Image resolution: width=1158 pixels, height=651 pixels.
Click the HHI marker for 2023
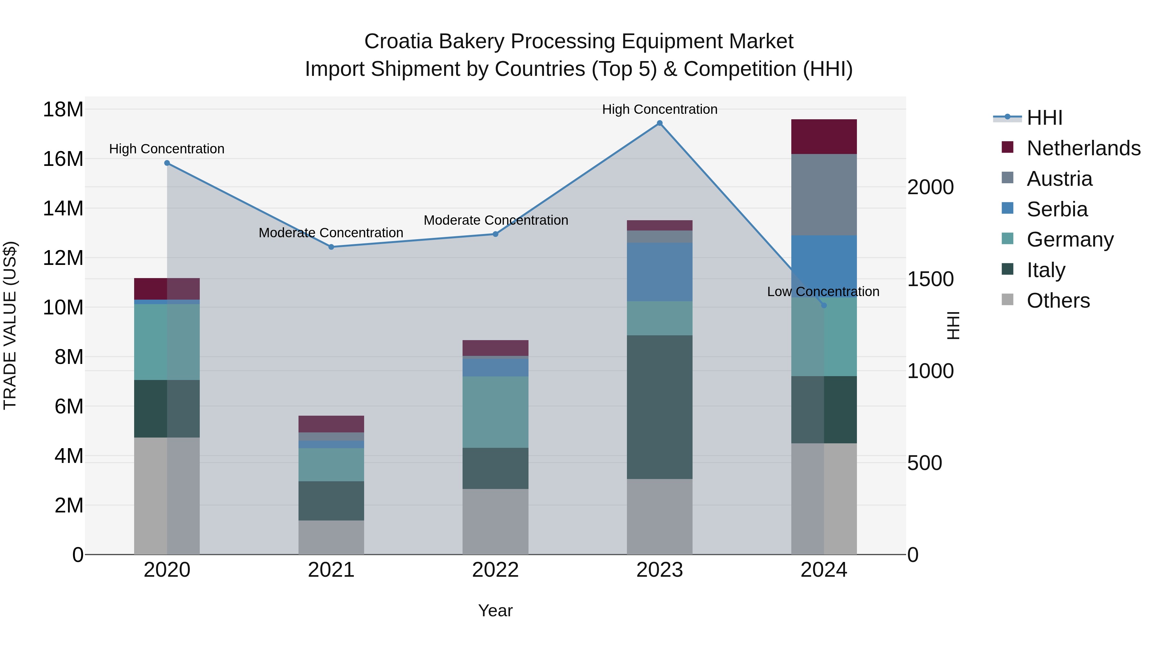659,123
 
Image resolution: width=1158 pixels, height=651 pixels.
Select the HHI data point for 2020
167,163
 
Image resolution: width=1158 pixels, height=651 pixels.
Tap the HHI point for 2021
331,247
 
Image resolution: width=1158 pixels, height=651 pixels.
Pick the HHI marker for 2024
823,305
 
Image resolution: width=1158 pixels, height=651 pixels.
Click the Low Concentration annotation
823,292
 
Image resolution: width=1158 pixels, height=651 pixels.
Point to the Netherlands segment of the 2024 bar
823,137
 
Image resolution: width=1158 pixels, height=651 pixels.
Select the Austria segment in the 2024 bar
823,194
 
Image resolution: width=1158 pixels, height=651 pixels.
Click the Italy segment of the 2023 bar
659,407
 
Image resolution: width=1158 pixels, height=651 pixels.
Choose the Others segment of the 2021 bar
331,537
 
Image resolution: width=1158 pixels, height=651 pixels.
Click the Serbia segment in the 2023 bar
659,272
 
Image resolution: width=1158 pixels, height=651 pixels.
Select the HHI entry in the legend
1044,118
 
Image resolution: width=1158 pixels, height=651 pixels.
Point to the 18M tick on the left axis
63,110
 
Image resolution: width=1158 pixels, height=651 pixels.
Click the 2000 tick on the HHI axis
930,187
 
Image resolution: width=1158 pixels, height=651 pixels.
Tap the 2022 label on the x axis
495,570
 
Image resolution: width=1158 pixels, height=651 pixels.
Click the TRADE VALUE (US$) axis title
10,325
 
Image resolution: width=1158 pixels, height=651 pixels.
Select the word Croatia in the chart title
398,41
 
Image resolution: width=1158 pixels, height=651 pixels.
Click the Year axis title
495,610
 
